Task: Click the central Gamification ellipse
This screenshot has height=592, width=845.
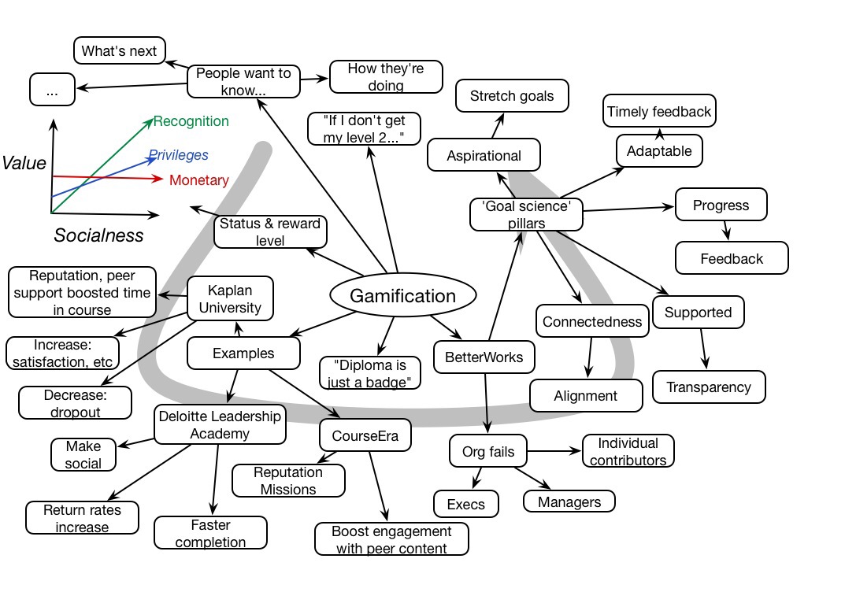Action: (402, 296)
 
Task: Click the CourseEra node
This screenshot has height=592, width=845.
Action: (365, 435)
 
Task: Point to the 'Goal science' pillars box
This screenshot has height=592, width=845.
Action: (525, 213)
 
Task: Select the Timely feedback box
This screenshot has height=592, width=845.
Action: (658, 112)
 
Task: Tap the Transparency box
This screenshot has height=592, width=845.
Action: (709, 387)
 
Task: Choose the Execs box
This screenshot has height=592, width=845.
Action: (465, 503)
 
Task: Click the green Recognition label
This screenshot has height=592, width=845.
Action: (191, 121)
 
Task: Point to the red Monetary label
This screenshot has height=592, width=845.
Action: (198, 180)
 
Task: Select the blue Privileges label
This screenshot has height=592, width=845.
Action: (178, 155)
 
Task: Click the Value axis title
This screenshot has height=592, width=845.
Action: (23, 163)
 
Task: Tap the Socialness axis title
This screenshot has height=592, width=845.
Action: (98, 235)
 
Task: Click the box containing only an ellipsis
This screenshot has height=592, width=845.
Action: (52, 91)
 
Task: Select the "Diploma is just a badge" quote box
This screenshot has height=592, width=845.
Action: (370, 373)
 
